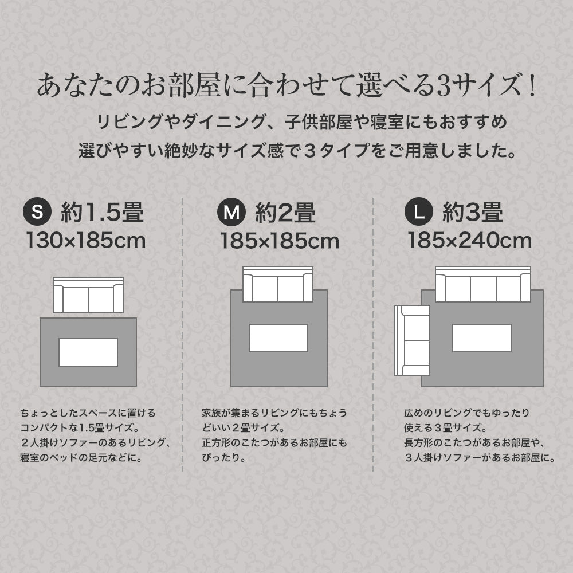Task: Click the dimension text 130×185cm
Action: point(85,241)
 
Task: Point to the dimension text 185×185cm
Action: point(280,241)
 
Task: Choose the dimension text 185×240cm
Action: point(469,241)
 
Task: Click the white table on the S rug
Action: point(88,352)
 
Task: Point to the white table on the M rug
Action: point(278,338)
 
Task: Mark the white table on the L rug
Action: point(481,338)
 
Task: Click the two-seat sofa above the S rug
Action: point(88,295)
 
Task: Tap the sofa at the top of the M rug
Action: point(278,284)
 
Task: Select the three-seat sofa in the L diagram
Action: point(482,284)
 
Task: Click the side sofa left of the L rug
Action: point(411,340)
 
